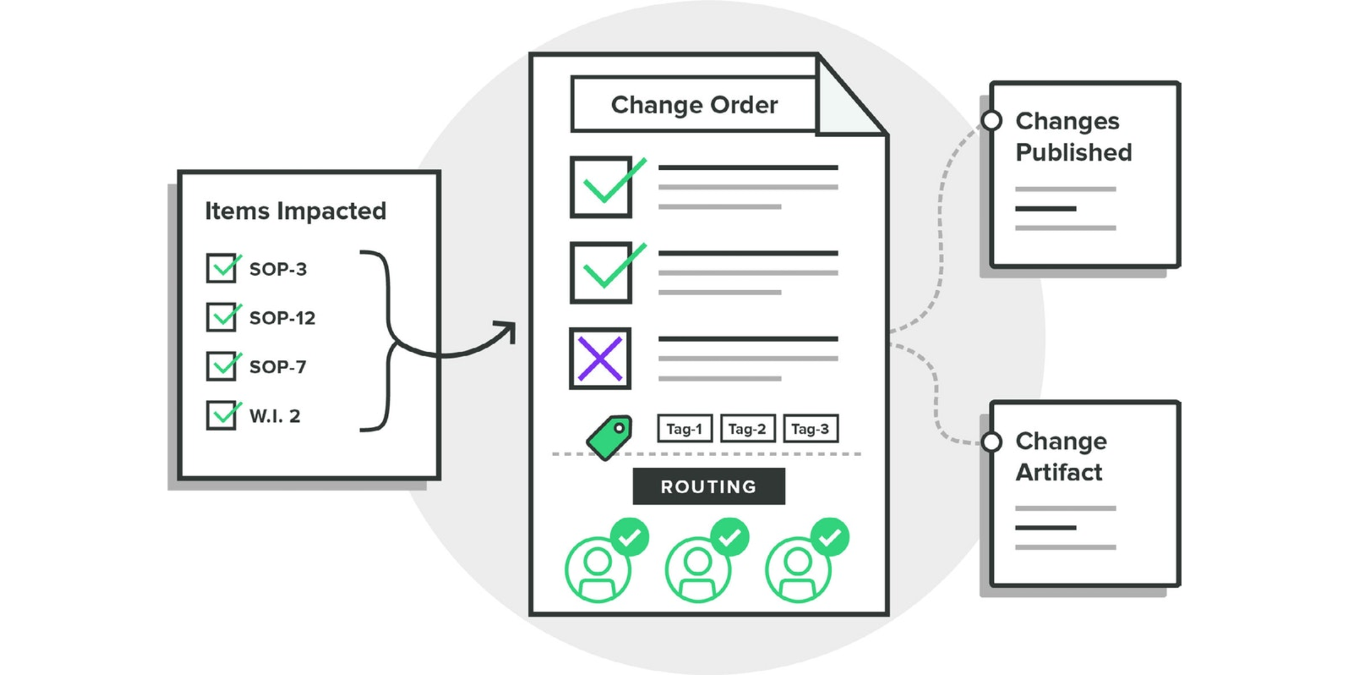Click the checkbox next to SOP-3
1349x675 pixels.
(221, 268)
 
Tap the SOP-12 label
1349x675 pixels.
(282, 318)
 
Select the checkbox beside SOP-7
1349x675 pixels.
(221, 366)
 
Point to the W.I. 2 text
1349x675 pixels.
(275, 416)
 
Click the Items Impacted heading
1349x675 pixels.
(296, 211)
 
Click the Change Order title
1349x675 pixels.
(694, 105)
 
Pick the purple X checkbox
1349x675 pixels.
(600, 358)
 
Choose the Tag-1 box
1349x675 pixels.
(685, 429)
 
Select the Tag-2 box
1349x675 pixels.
(748, 429)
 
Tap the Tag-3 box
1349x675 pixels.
(811, 429)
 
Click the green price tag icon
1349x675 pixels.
(609, 438)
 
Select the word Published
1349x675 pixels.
(1074, 152)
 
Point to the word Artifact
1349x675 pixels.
(1059, 472)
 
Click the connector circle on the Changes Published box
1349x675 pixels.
(992, 120)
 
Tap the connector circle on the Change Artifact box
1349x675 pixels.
(992, 442)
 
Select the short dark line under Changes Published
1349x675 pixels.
(1045, 209)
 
